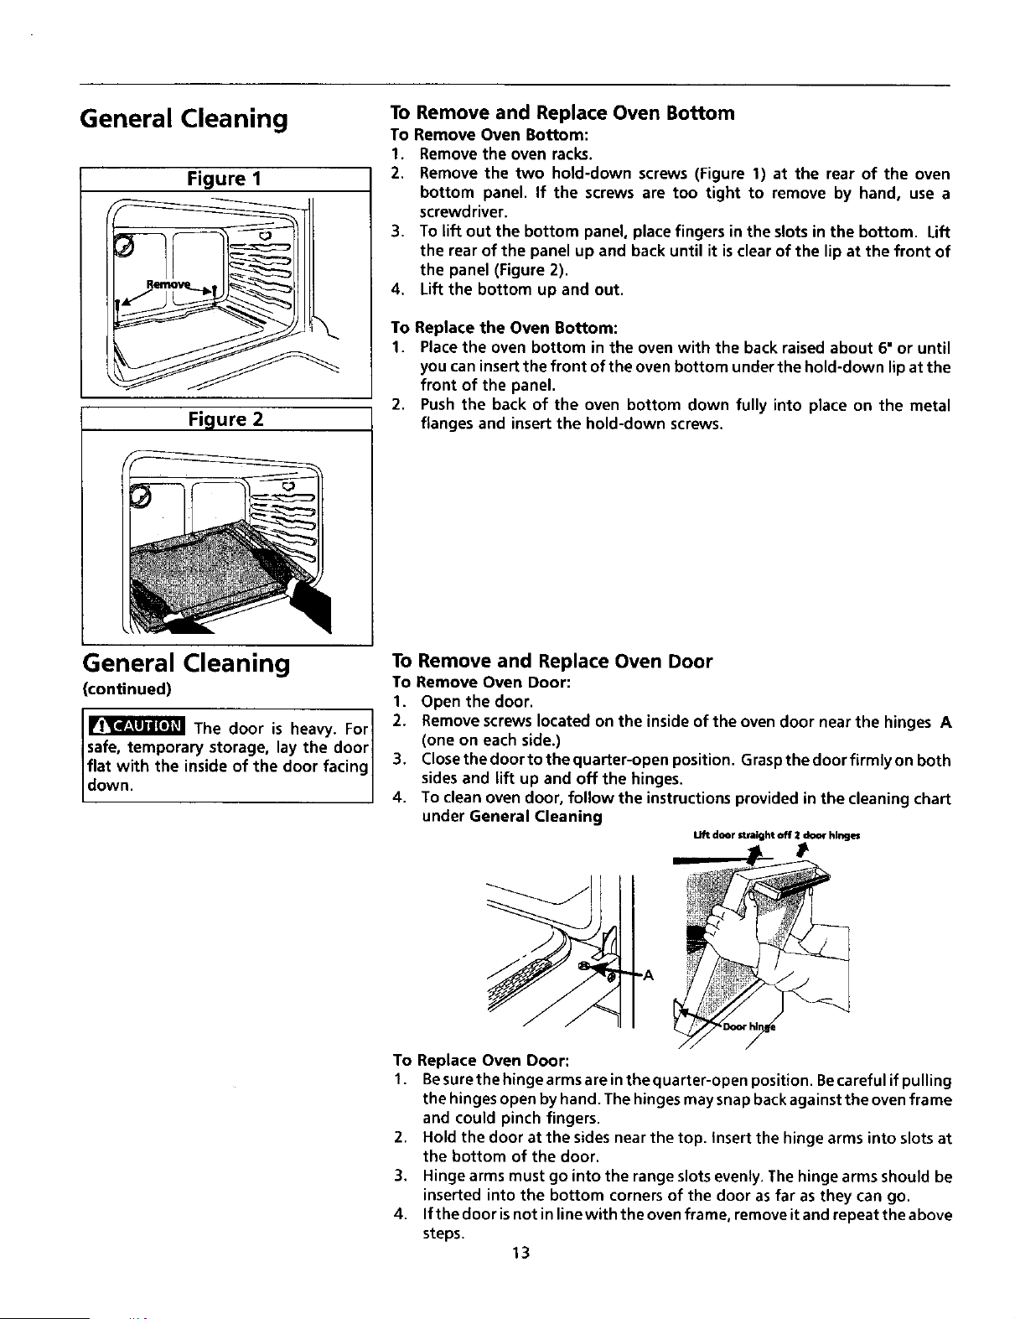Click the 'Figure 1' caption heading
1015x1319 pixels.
[x=224, y=179]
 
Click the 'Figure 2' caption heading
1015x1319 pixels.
[x=225, y=419]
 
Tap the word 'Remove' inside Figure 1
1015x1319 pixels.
[x=168, y=285]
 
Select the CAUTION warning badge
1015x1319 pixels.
[x=137, y=725]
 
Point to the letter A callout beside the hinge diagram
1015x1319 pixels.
[x=649, y=975]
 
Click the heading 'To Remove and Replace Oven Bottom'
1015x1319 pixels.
[x=562, y=113]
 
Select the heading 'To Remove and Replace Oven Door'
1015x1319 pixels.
[x=552, y=661]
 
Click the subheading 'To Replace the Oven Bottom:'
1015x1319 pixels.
[x=505, y=328]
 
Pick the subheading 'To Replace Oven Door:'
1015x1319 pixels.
[x=480, y=1061]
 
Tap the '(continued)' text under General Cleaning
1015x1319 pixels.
[x=127, y=689]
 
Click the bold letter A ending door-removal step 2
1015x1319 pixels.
[x=945, y=722]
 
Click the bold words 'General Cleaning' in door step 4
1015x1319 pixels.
[x=536, y=817]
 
